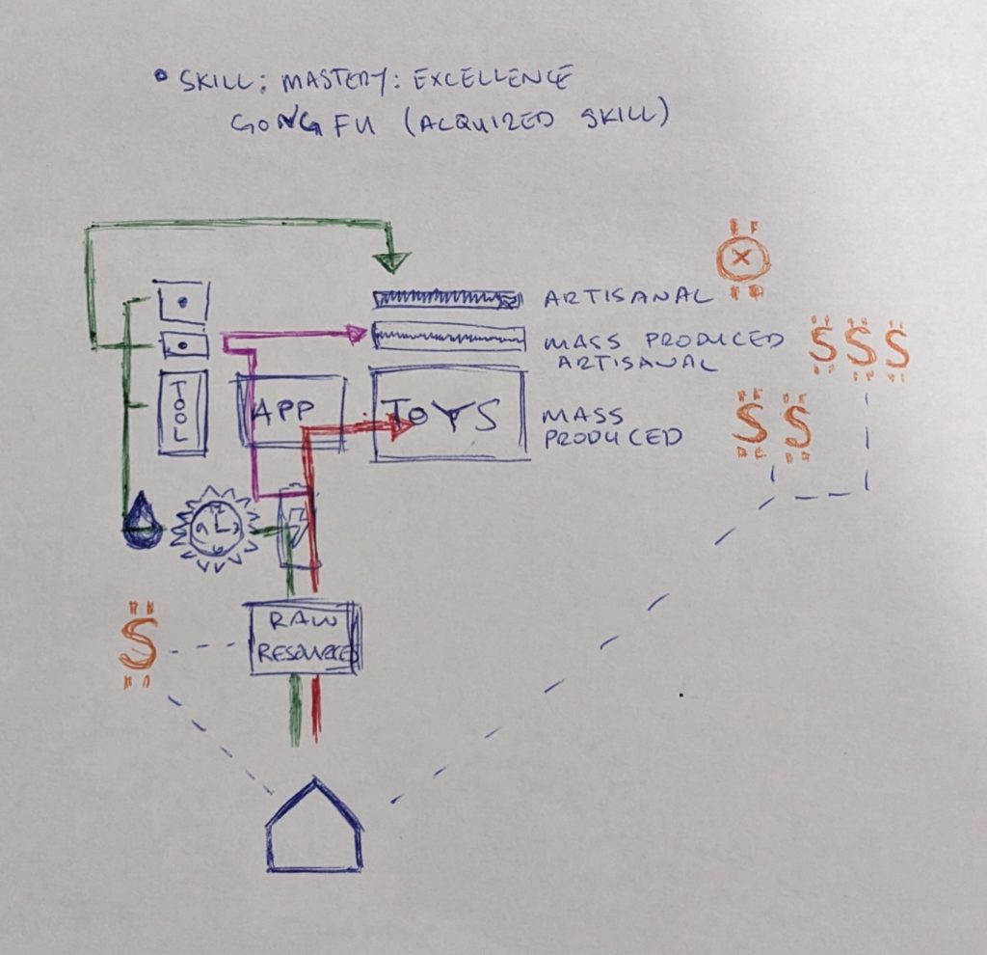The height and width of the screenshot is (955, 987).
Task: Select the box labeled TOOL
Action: tap(182, 412)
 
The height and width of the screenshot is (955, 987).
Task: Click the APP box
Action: tap(290, 411)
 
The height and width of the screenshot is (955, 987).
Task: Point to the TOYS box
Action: tap(449, 415)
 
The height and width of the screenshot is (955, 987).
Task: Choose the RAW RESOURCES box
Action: tap(304, 638)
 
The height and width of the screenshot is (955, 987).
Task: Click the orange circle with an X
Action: tap(744, 258)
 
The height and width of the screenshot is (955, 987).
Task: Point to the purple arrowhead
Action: tap(357, 334)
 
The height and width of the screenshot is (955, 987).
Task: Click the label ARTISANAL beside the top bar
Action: tap(627, 296)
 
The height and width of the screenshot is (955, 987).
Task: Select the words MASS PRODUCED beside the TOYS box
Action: tap(613, 426)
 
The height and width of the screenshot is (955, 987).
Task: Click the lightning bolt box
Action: tap(295, 527)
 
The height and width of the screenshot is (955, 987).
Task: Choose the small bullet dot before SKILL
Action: tap(160, 75)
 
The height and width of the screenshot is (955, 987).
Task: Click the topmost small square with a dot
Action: tap(182, 302)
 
